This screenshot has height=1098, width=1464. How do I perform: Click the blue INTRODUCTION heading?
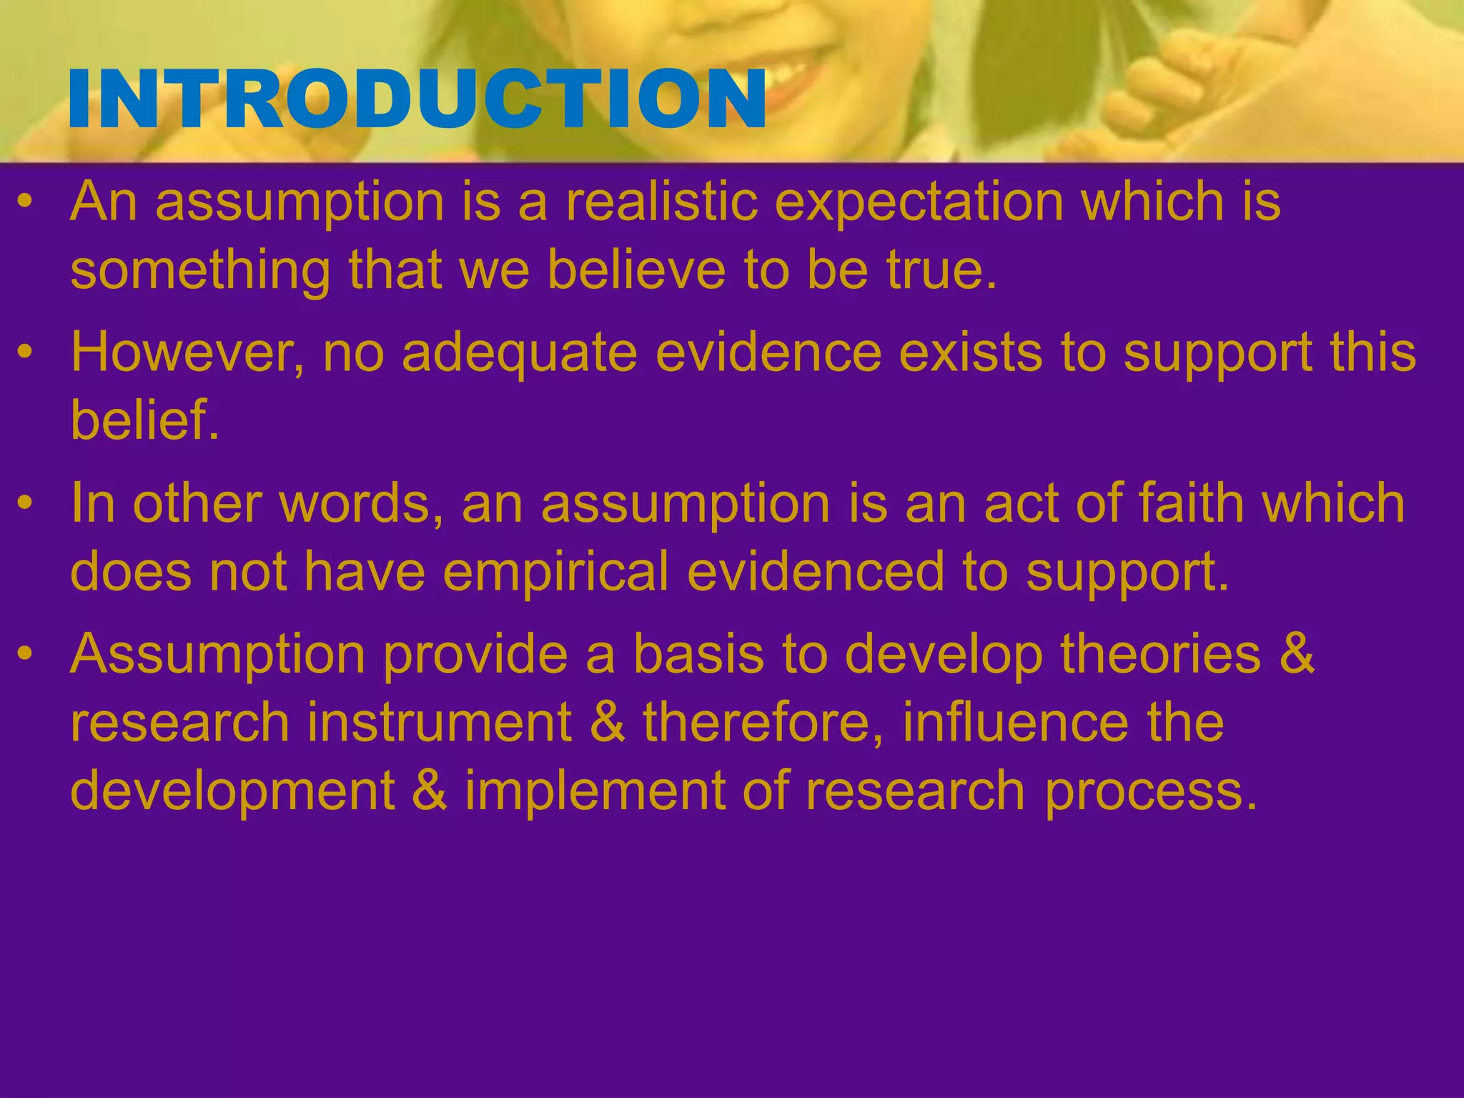pyautogui.click(x=417, y=99)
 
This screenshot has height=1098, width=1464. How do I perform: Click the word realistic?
pyautogui.click(x=661, y=202)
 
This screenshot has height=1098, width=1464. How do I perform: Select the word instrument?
pyautogui.click(x=440, y=722)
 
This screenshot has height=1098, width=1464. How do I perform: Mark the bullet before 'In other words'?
pyautogui.click(x=26, y=503)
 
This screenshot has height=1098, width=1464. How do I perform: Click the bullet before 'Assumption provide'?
pyautogui.click(x=26, y=653)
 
